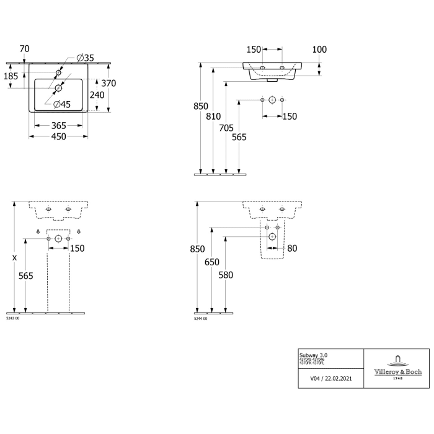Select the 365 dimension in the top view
coord(59,126)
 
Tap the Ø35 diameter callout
coord(85,58)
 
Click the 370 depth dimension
coord(109,84)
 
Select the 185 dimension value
coord(11,77)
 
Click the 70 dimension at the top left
coord(25,49)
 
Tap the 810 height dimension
coord(214,116)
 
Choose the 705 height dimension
coord(227,128)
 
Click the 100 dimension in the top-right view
coord(319,49)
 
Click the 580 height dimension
coord(226,275)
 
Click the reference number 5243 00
coord(12,317)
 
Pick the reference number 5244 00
coord(201,317)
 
